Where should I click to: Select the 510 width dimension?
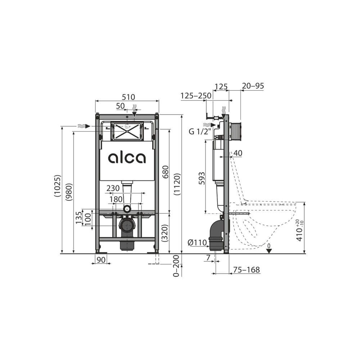point(128,97)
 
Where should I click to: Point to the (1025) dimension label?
point(58,185)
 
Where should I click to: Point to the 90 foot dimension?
point(102,259)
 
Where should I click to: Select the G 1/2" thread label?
point(198,131)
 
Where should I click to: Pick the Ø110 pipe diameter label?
point(197,243)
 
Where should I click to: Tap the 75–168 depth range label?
point(247,270)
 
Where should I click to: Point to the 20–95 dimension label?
point(253,86)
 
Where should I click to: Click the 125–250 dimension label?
point(196,96)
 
